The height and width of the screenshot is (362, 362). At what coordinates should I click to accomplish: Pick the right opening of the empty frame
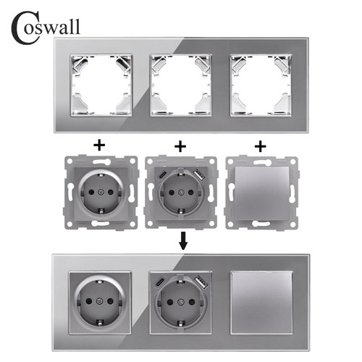(x=261, y=85)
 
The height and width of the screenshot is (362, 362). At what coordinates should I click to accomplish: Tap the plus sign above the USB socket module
(x=180, y=146)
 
